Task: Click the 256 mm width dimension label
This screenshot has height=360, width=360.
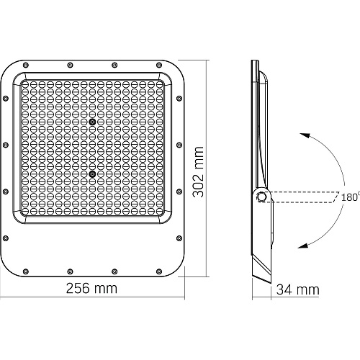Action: [x=91, y=288]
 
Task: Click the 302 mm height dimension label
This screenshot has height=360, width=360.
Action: [x=198, y=172]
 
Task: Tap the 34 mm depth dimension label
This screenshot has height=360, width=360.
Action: [x=298, y=289]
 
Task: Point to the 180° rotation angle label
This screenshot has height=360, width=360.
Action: [x=351, y=197]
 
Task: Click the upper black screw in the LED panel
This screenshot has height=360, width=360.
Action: [x=92, y=122]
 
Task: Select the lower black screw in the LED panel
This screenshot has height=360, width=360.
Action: [x=92, y=174]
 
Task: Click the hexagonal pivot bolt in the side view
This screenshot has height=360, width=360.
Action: [x=261, y=197]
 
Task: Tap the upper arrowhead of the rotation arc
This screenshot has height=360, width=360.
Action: [x=305, y=135]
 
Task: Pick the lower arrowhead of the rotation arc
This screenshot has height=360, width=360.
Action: [x=303, y=246]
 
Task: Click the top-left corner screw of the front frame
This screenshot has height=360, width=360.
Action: [x=26, y=65]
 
